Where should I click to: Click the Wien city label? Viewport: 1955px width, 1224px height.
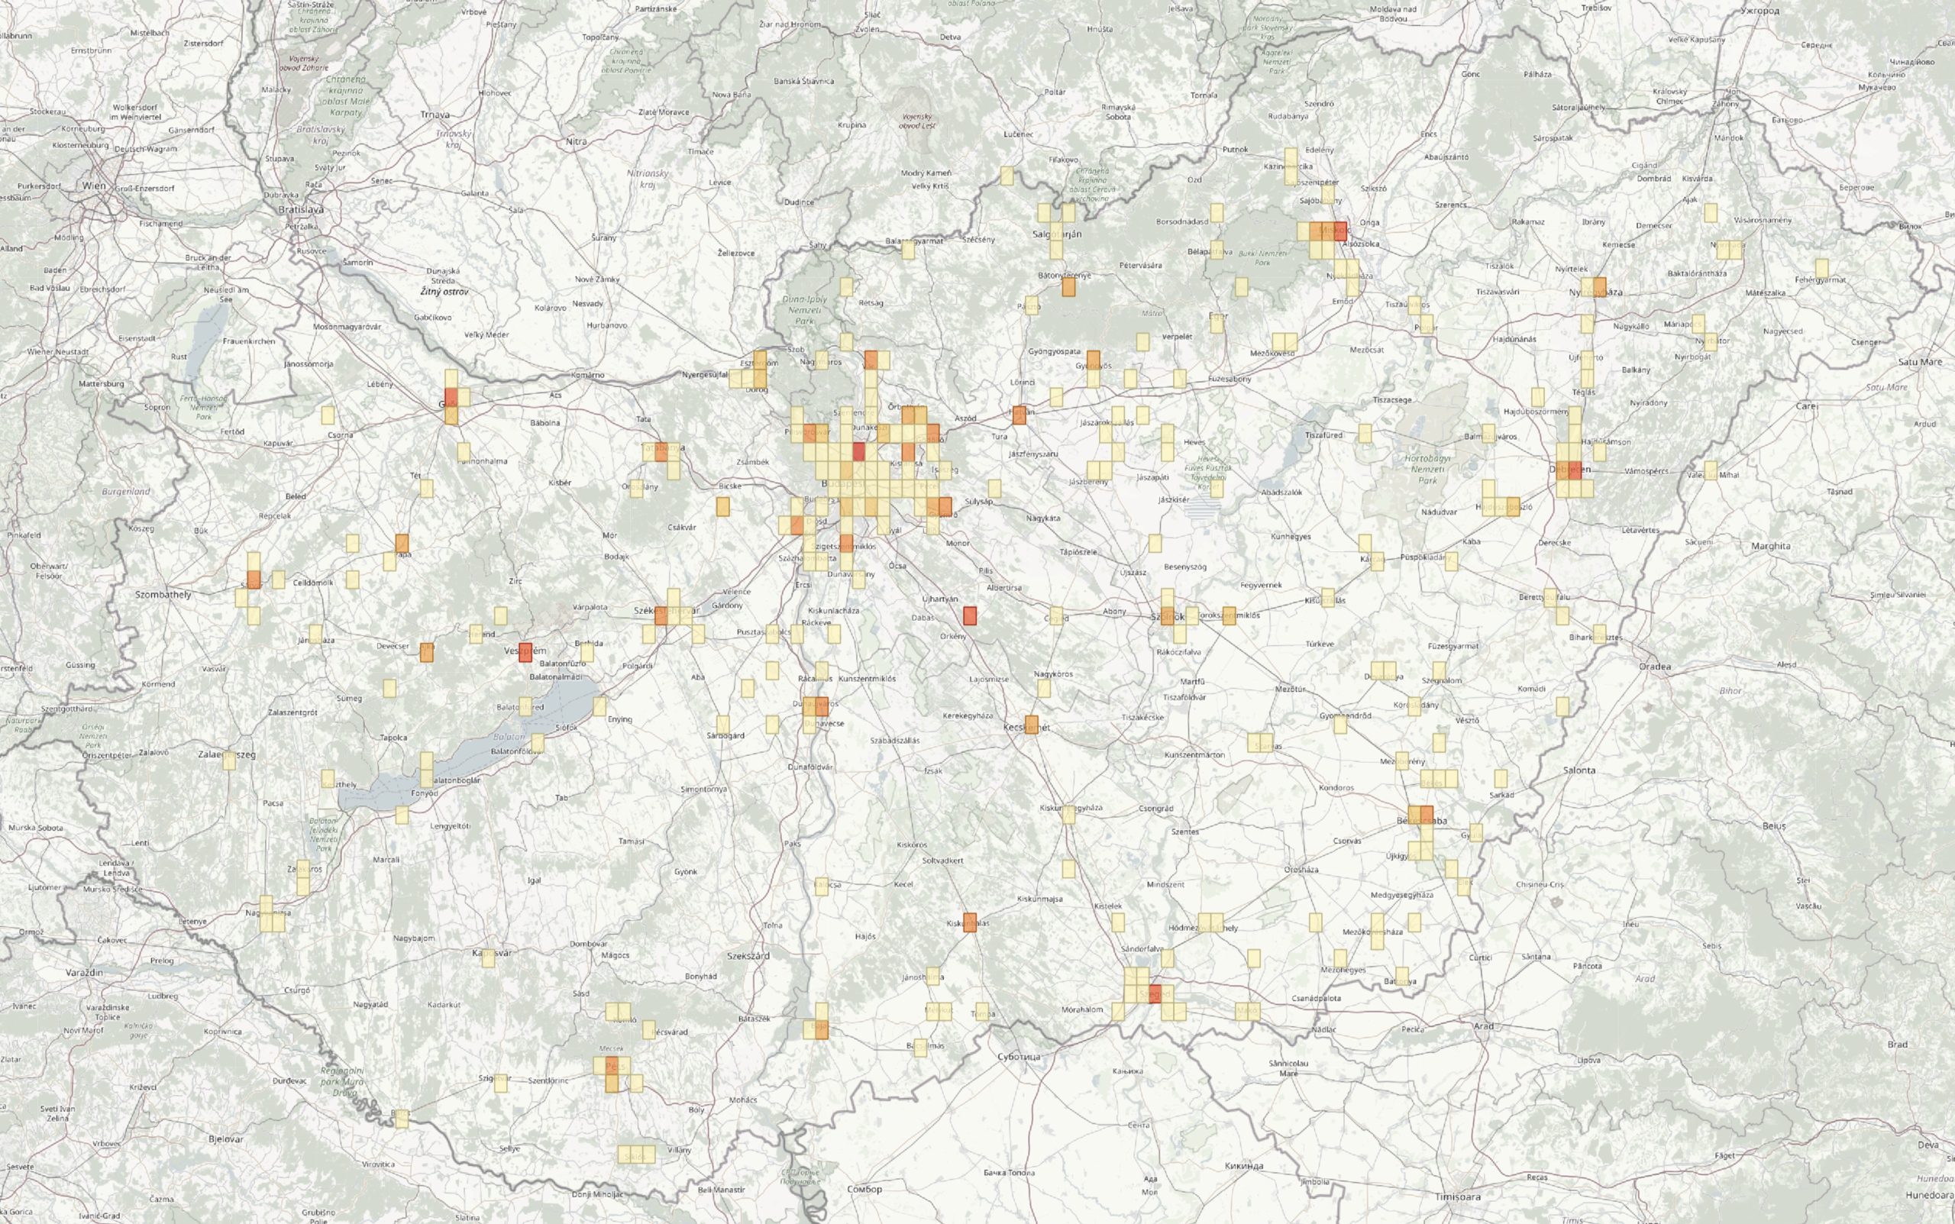pyautogui.click(x=94, y=186)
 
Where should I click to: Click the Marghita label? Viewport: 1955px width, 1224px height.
pyautogui.click(x=1770, y=546)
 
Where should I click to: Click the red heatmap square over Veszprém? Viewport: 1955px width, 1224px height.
pyautogui.click(x=526, y=651)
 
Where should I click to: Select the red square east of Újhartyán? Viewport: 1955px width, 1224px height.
pyautogui.click(x=969, y=615)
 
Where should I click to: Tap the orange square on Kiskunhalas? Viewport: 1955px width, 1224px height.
pyautogui.click(x=970, y=923)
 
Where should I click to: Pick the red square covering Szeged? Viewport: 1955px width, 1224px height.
pyautogui.click(x=1155, y=993)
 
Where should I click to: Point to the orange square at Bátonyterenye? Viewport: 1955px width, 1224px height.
pyautogui.click(x=1068, y=286)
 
